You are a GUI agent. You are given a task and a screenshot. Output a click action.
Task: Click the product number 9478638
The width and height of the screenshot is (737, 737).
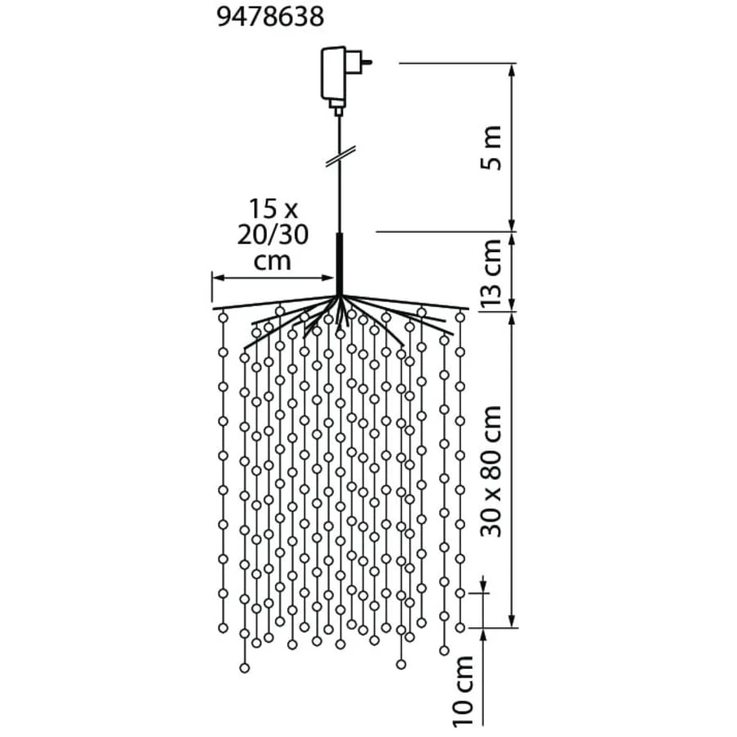pos(271,17)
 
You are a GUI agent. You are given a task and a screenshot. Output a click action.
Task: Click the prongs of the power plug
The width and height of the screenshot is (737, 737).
pos(366,61)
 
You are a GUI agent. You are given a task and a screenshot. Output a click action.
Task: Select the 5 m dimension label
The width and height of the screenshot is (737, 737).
pos(491,147)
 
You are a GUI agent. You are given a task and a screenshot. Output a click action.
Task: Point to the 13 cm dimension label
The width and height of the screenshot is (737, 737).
pos(491,273)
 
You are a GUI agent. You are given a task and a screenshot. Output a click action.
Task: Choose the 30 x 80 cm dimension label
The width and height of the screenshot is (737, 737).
pos(491,471)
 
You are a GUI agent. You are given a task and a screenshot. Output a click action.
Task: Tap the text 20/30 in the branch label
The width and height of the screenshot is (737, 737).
pos(273,235)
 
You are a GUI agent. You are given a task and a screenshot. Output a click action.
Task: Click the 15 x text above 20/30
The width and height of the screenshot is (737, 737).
pos(273,209)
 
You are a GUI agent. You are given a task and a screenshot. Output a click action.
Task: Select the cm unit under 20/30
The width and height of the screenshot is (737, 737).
pos(273,261)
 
